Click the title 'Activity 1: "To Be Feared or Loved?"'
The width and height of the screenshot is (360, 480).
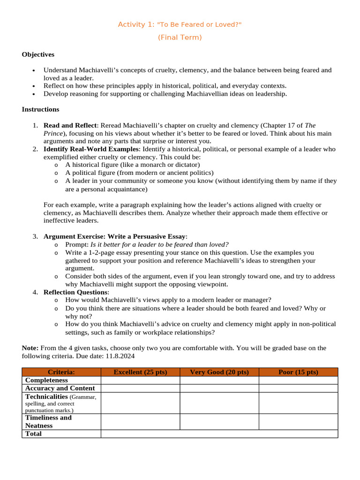coord(180,24)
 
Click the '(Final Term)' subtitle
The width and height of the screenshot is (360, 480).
coord(180,37)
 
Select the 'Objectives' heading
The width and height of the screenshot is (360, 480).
coord(38,55)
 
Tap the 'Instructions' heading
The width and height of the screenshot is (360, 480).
coord(40,110)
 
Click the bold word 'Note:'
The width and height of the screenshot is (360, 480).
coord(30,348)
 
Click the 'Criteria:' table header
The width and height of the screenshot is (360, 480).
coord(61,372)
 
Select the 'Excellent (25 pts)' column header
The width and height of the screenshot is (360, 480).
coord(140,372)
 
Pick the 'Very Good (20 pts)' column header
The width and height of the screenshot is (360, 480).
coord(219,372)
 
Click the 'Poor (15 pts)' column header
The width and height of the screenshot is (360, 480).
coord(298,372)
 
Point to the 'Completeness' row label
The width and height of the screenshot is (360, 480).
coord(46,380)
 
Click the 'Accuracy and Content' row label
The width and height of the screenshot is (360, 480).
coord(60,388)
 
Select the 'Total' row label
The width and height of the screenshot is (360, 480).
coord(33,434)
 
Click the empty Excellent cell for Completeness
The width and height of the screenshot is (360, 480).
coord(140,380)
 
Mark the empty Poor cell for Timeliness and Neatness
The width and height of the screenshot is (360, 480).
coord(298,421)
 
